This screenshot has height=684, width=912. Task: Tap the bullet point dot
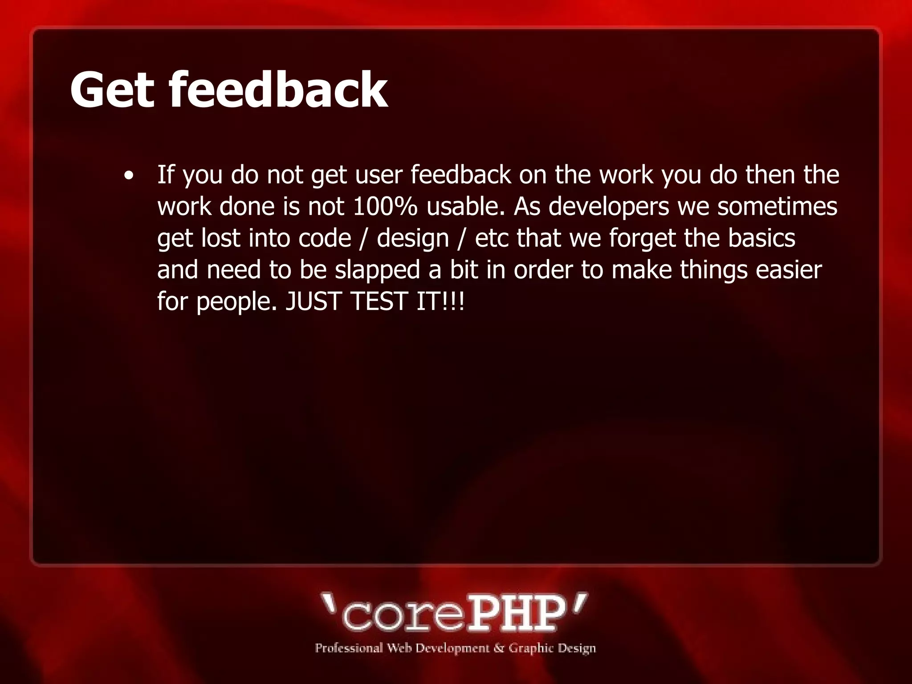129,175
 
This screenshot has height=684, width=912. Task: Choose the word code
325,238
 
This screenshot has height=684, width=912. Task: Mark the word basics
761,238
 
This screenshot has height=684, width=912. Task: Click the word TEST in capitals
379,301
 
